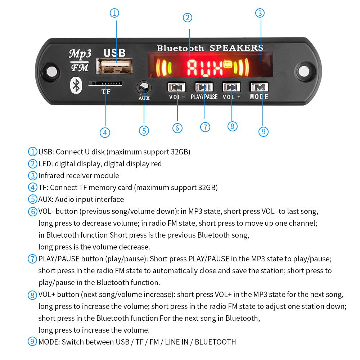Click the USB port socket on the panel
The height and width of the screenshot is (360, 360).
coord(114,67)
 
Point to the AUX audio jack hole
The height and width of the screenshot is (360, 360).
coord(144,87)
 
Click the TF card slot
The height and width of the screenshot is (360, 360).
coord(105,84)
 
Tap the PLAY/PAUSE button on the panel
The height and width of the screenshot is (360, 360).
coord(204,87)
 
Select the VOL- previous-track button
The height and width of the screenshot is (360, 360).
coord(176,87)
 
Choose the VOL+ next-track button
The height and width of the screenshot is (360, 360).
coord(231,87)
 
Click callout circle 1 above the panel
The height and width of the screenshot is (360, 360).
coord(114,13)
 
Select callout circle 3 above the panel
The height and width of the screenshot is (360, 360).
coord(260,13)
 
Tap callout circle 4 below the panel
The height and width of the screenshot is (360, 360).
coord(105,132)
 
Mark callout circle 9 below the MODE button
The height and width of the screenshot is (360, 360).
coord(264,132)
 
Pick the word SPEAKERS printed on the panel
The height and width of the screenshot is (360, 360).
coord(236,48)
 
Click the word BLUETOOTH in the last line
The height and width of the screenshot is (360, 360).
coord(215,342)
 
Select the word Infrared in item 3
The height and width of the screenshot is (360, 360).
coord(51,175)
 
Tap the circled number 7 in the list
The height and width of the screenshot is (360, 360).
coord(33,258)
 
